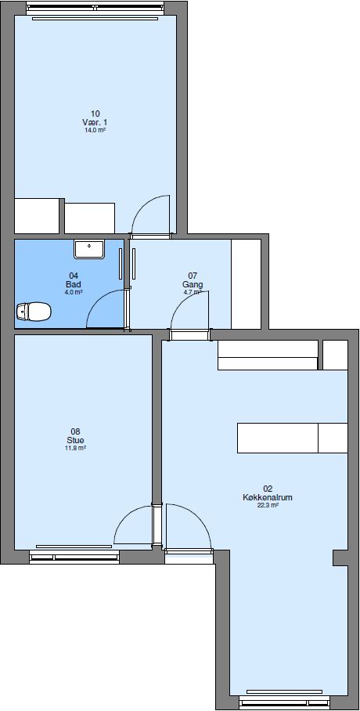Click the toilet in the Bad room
point(33,312)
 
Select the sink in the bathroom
point(89,250)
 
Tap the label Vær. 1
point(95,122)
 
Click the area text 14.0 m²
point(95,131)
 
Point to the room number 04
point(74,276)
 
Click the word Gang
point(193,284)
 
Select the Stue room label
point(75,440)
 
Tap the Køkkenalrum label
point(268,496)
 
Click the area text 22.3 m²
point(268,505)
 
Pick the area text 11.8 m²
point(75,449)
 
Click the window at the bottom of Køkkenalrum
point(284,694)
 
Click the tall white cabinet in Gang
point(246,284)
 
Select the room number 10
point(95,113)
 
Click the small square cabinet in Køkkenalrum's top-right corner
point(336,355)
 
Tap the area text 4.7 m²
point(193,292)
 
